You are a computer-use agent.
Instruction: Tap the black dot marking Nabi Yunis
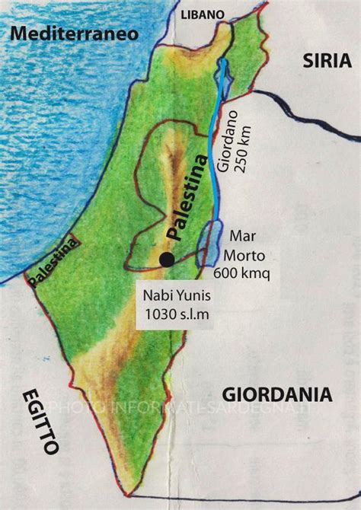(166, 261)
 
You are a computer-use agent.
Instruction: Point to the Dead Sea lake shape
(206, 245)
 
